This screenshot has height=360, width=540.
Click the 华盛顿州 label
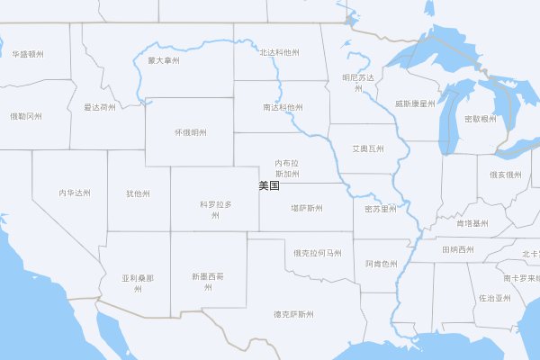(28, 54)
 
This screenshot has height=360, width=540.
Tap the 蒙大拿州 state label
(164, 60)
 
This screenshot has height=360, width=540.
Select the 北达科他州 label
(279, 54)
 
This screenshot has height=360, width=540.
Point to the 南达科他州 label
(282, 107)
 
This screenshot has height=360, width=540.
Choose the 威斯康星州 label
(415, 103)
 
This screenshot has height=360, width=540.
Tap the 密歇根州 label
(480, 119)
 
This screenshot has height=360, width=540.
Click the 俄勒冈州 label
(25, 116)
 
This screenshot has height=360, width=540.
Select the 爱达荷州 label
(100, 107)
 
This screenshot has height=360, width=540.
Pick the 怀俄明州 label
(191, 132)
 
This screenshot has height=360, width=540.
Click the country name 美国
(268, 186)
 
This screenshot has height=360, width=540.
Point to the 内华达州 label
(75, 193)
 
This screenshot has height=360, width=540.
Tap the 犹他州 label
(138, 193)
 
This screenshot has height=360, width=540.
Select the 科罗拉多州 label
(216, 210)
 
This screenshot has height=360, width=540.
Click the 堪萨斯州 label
(307, 208)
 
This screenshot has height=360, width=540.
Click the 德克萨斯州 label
(294, 314)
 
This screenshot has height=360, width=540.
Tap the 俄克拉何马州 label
(318, 253)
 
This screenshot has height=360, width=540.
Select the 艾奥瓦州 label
(367, 148)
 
